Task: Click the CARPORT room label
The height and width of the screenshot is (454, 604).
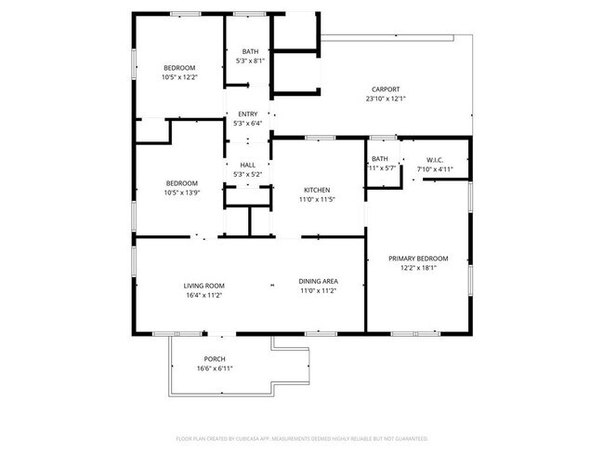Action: (386, 89)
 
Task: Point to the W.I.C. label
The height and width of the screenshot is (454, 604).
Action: (439, 160)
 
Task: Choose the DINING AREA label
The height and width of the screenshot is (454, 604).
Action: (317, 282)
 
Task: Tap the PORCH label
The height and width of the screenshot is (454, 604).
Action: (215, 359)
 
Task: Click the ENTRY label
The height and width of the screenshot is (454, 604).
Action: (248, 114)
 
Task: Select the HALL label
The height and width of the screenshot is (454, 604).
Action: (248, 166)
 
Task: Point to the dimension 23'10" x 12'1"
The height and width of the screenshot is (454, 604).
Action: (386, 99)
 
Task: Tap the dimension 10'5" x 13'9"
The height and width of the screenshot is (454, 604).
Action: (180, 193)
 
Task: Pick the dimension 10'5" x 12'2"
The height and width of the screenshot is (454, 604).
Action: (180, 77)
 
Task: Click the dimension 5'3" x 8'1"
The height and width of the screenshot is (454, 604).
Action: (251, 60)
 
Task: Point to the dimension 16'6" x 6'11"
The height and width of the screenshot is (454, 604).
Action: (215, 368)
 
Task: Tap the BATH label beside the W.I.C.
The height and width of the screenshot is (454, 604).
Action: (380, 160)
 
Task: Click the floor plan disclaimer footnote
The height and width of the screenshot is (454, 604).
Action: (302, 437)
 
